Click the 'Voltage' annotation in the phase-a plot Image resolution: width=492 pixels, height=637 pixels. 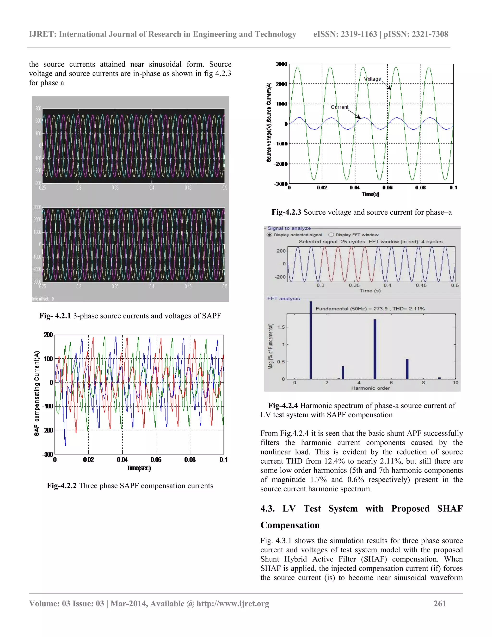click(373, 79)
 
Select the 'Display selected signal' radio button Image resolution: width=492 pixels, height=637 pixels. click(270, 235)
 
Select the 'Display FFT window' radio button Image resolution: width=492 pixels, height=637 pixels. click(331, 235)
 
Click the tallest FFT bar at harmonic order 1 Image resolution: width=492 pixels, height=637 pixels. click(311, 340)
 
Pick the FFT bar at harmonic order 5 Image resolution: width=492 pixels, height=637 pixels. click(375, 349)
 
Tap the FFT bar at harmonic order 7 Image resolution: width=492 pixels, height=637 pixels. click(407, 369)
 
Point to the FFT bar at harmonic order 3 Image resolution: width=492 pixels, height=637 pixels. click(343, 372)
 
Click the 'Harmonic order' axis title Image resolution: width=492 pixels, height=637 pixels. click(370, 388)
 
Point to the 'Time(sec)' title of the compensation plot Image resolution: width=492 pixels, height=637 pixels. click(139, 468)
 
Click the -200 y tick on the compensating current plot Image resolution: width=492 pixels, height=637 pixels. click(48, 431)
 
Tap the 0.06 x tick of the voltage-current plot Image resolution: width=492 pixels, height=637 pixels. click(387, 187)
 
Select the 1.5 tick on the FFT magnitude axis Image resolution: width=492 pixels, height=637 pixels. click(281, 327)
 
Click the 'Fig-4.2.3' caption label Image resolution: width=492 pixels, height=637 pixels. click(286, 212)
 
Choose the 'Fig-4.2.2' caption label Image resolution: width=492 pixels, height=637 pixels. click(62, 486)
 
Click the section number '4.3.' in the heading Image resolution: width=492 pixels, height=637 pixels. click(268, 508)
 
